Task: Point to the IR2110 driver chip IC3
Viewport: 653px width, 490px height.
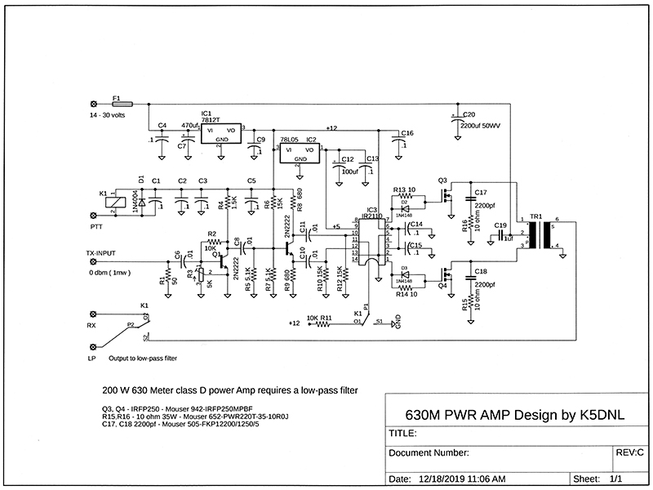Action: [x=372, y=242]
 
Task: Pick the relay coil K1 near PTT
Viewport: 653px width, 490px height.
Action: [x=119, y=202]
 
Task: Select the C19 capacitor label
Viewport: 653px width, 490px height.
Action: [x=500, y=225]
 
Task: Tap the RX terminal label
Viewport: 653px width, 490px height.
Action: [x=93, y=327]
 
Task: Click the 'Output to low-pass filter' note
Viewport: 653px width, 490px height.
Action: [x=142, y=359]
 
